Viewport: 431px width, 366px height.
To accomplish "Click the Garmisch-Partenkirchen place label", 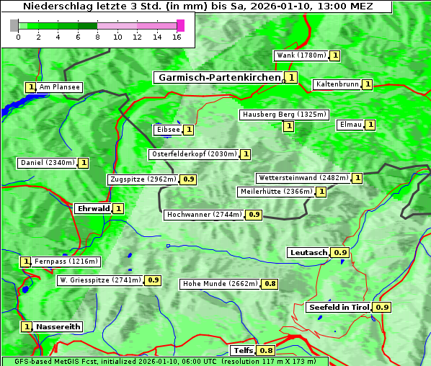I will [218, 77].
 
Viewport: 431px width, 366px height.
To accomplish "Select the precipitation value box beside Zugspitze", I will [189, 179].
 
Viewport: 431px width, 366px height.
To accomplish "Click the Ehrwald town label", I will [93, 209].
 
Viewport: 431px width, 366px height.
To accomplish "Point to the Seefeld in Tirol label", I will [339, 308].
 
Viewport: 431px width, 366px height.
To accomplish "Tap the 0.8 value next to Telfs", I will [266, 351].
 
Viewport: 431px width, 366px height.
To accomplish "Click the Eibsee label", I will [167, 130].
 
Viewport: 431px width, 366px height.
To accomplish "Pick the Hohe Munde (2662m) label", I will [220, 284].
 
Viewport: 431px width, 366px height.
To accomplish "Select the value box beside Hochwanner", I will [254, 215].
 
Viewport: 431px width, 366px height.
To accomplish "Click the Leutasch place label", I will [308, 253].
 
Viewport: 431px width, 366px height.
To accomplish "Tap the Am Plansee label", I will [59, 87].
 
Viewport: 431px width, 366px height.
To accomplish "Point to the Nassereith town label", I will [58, 326].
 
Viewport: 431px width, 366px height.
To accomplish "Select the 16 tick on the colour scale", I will [177, 37].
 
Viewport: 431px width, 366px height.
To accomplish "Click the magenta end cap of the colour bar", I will [180, 25].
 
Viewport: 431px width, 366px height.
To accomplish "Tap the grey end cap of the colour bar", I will [14, 25].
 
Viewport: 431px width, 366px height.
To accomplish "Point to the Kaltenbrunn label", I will [337, 84].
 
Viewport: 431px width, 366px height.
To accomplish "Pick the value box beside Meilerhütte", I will [321, 192].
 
